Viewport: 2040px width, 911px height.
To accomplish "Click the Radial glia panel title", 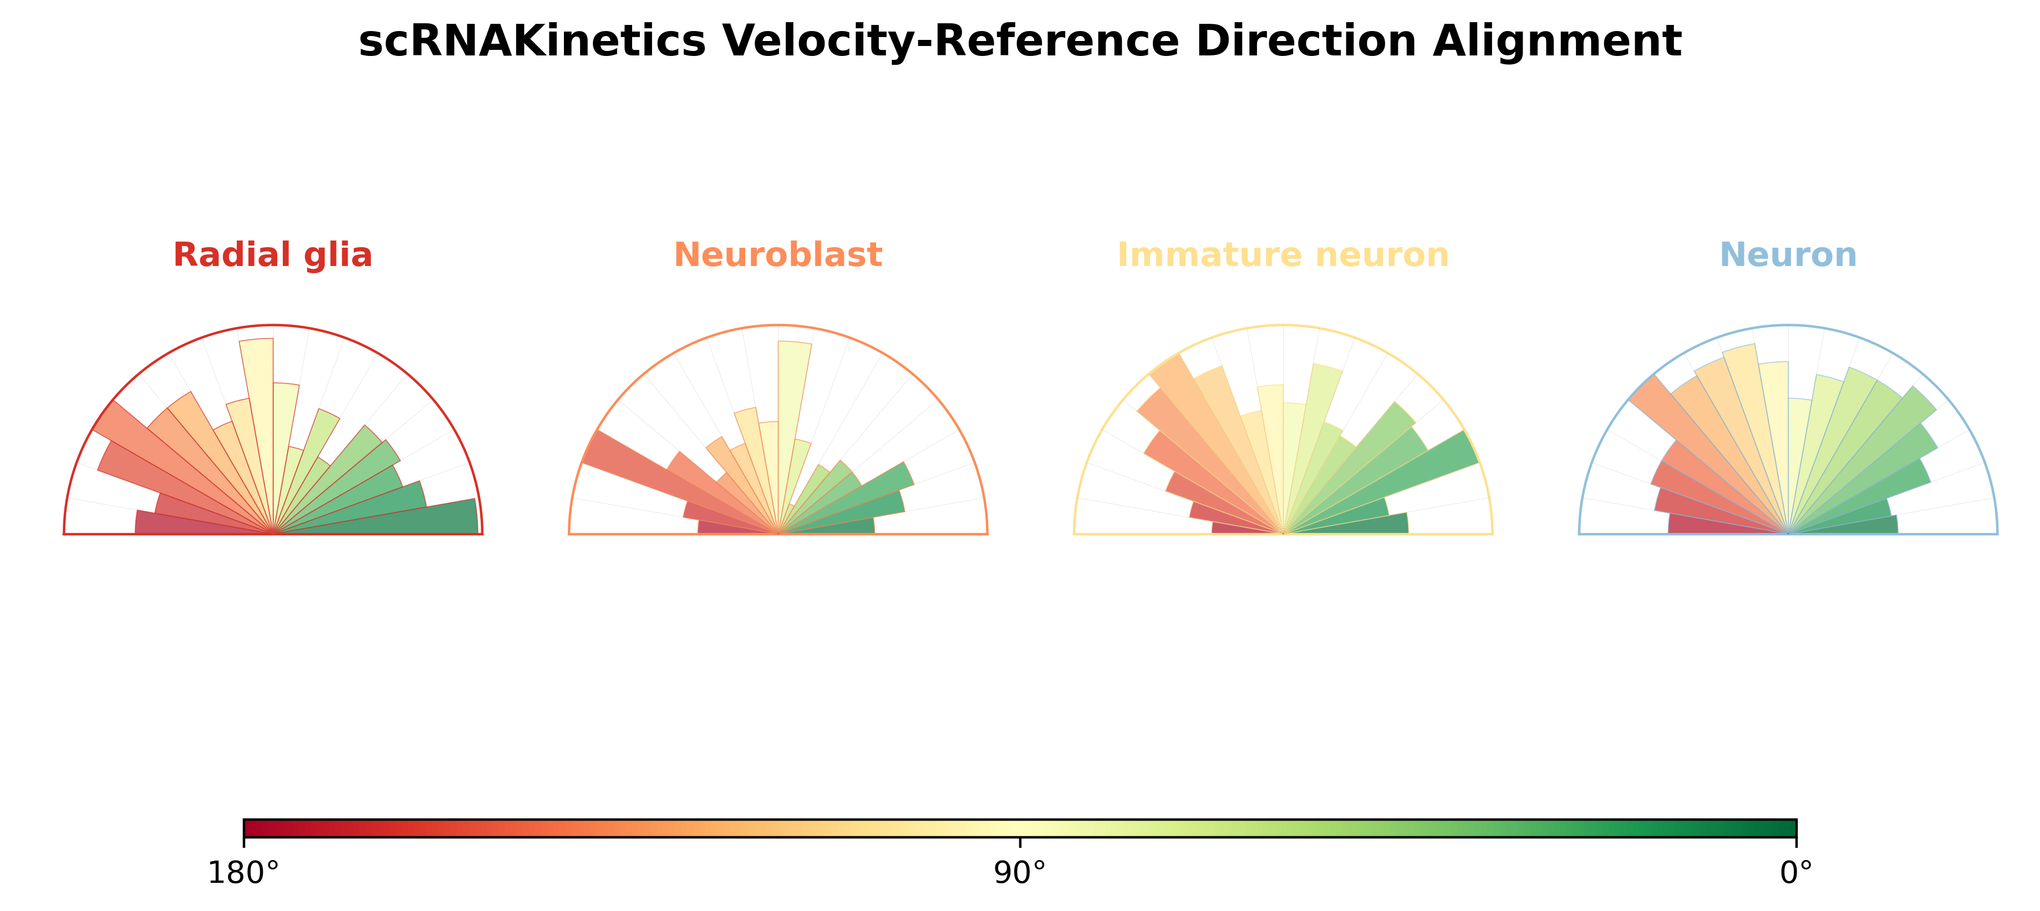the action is coord(272,255).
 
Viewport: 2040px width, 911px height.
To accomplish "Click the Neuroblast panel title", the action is coord(777,255).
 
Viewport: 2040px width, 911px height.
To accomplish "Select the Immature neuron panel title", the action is coord(1283,255).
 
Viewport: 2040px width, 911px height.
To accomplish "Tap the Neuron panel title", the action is coord(1788,255).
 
